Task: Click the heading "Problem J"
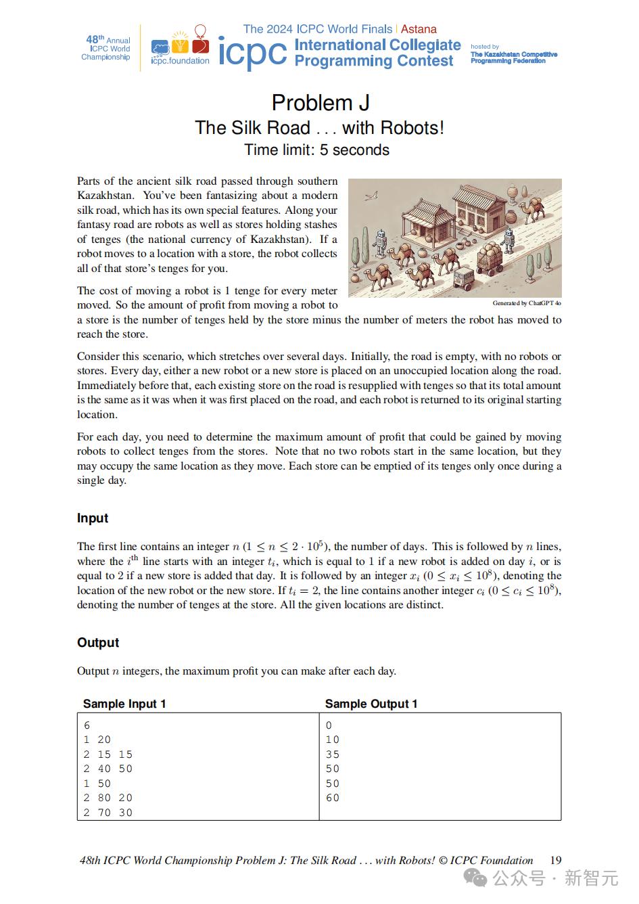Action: point(320,103)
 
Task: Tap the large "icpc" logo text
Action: point(252,52)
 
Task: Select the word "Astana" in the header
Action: point(419,29)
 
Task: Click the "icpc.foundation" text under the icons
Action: point(180,61)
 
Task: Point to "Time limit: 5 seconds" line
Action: point(316,150)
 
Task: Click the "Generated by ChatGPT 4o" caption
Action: point(527,303)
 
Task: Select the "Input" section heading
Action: point(93,518)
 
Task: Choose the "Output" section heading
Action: point(98,643)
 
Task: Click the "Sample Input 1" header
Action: point(124,704)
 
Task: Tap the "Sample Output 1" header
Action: point(371,704)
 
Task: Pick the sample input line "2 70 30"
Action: point(108,813)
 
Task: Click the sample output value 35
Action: point(333,754)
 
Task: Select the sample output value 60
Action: point(333,798)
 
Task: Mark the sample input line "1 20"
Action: point(97,740)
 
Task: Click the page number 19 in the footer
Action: point(555,861)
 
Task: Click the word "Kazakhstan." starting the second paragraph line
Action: point(105,196)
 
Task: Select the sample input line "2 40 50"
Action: point(108,769)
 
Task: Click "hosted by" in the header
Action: point(485,47)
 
